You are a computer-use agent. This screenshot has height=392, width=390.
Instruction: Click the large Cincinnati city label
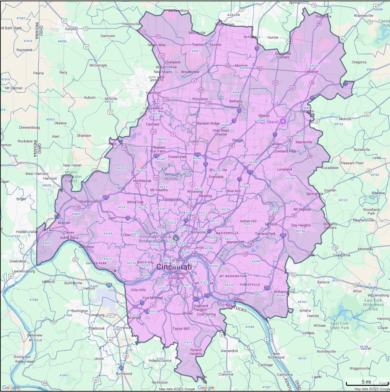pos(174,267)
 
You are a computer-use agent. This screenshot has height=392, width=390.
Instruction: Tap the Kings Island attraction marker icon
pos(283,121)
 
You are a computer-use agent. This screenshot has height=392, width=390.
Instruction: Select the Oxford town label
pos(70,29)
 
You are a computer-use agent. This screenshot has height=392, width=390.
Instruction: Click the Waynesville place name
pos(363,16)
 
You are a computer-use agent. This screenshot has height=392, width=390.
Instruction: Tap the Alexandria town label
pos(229,351)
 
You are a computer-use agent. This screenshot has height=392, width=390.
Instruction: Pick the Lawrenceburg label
pos(23,271)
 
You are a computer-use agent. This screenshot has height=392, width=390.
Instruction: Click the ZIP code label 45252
pos(121,169)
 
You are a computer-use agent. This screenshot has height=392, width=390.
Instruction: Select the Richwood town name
pos(124,374)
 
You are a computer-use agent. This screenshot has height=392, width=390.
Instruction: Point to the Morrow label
pos(345,119)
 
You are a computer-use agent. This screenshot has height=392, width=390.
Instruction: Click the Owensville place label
pos(341,255)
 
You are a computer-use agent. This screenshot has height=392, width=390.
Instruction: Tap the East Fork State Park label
pos(339,326)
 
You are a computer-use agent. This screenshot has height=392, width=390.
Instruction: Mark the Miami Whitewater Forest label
pos(71,177)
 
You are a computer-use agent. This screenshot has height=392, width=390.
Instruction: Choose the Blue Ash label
pos(233,191)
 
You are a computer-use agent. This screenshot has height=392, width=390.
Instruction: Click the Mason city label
pos(264,116)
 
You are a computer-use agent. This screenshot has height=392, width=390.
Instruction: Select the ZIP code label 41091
pos(64,375)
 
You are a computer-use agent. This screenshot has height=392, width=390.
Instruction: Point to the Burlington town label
pos(80,311)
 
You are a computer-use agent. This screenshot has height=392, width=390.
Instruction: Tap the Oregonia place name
pos(359,62)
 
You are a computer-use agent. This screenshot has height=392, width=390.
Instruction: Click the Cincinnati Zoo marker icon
pos(176,238)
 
